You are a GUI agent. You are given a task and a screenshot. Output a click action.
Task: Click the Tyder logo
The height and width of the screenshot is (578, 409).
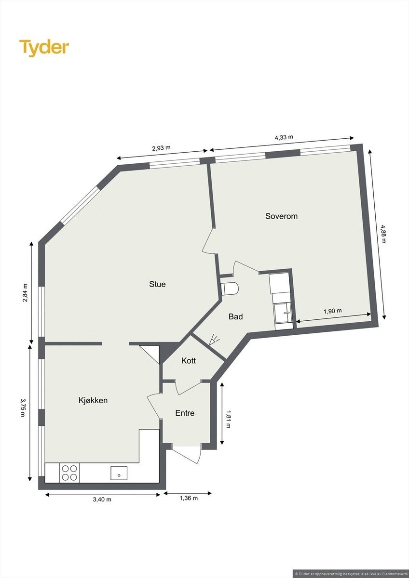44,48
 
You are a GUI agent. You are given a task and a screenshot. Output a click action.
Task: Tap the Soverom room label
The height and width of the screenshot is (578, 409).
281,216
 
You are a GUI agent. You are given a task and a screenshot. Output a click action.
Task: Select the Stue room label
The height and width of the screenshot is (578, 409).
157,284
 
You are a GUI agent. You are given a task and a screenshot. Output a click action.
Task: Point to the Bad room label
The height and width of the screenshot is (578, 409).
235,316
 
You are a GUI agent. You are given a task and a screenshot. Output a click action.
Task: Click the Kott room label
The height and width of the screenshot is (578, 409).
189,360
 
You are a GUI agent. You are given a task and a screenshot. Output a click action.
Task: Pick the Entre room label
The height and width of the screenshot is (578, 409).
185,413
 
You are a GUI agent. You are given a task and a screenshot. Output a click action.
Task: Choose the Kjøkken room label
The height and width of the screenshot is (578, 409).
93,400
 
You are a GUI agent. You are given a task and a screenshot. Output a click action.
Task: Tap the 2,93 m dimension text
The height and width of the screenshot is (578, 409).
161,148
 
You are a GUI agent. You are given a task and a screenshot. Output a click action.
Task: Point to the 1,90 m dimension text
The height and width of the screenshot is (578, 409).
332,311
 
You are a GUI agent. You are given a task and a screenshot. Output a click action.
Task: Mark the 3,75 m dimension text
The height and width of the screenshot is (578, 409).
23,407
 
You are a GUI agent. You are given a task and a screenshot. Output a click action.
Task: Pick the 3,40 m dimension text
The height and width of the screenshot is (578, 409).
102,499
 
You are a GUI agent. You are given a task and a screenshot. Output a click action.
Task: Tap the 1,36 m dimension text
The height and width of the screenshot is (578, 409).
189,498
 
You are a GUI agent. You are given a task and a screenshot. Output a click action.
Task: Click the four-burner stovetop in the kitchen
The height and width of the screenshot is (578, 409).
69,472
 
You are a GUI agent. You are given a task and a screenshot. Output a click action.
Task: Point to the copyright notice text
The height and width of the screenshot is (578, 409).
351,573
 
